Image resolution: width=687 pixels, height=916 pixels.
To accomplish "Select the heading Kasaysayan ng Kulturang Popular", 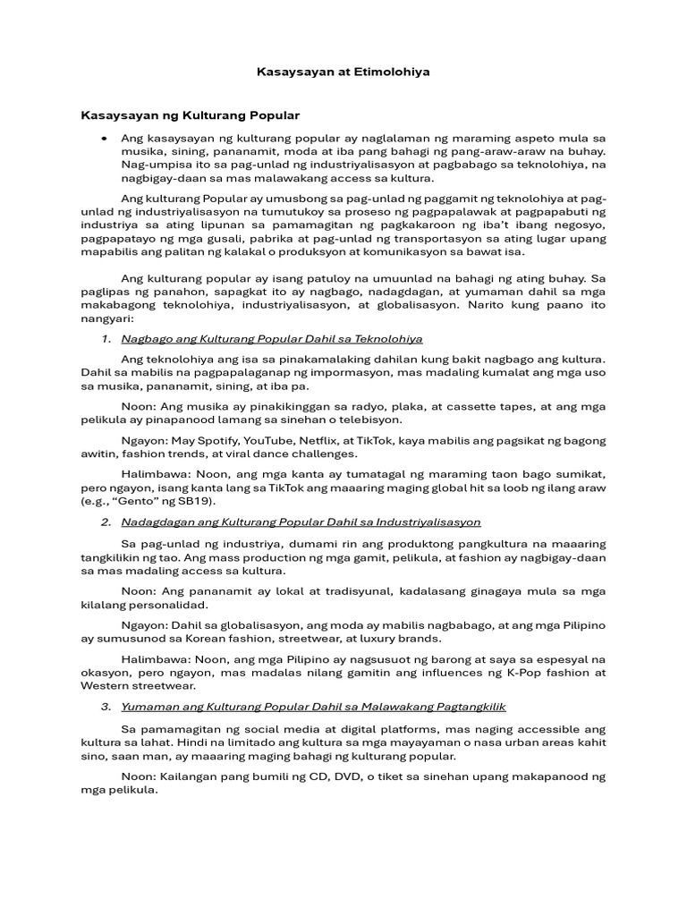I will point(191,116).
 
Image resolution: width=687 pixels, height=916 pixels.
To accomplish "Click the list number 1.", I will point(106,339).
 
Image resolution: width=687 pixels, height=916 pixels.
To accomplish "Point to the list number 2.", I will point(106,522).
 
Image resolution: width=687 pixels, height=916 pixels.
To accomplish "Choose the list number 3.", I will point(106,706).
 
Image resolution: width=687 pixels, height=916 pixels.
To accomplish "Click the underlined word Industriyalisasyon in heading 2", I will point(428,522).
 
